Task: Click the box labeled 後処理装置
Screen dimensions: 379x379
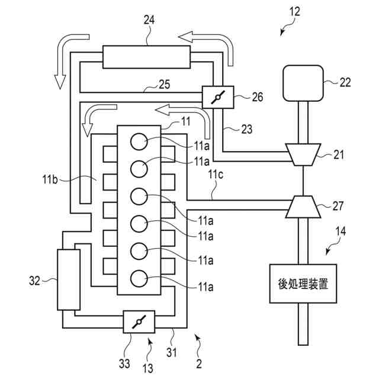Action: [303, 284]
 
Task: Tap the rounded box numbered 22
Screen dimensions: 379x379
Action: [303, 83]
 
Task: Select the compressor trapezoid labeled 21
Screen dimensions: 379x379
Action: [303, 155]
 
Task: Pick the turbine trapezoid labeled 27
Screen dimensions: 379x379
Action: [303, 207]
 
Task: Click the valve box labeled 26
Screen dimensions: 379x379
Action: [218, 97]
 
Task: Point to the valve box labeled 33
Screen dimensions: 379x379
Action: [139, 322]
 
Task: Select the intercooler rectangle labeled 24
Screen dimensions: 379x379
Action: [146, 57]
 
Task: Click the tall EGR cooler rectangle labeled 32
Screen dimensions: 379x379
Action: [69, 280]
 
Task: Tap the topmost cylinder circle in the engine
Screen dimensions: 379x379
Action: [139, 142]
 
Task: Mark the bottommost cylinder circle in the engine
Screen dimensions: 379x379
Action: [139, 278]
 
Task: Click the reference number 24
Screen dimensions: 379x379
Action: [149, 20]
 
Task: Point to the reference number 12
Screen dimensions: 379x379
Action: [295, 11]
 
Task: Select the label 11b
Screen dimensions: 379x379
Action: [50, 179]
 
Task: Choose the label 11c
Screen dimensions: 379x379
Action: [216, 175]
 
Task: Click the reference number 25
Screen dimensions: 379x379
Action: [165, 84]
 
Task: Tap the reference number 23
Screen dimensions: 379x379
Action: [247, 129]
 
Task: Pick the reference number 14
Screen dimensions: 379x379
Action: [341, 231]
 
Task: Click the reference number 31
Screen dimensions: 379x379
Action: [172, 352]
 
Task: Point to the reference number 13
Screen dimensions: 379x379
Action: [147, 368]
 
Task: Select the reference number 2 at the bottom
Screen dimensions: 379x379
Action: [199, 364]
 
